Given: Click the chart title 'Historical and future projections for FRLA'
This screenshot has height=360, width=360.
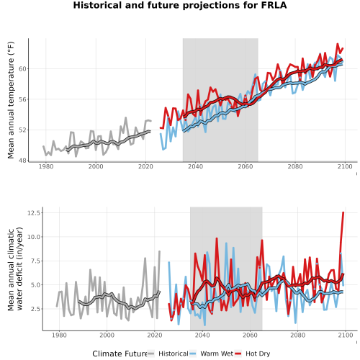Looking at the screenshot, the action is (x=180, y=5).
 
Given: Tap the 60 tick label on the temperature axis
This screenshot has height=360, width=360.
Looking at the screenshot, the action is (x=22, y=69).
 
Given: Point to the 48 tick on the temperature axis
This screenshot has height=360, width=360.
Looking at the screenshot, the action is (x=22, y=161).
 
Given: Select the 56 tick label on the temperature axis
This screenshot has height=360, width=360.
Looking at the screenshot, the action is (x=22, y=99).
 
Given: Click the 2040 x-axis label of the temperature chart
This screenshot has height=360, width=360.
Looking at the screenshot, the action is (x=195, y=166).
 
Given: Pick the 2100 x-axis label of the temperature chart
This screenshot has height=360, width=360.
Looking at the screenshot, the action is (x=345, y=166).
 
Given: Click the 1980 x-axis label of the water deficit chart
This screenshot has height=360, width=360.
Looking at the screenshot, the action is (x=59, y=335).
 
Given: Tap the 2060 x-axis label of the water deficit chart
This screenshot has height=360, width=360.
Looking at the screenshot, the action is (x=250, y=335).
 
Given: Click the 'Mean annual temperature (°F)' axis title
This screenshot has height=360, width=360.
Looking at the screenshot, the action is (x=11, y=100).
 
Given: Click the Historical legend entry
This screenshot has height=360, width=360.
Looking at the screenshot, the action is (x=168, y=354).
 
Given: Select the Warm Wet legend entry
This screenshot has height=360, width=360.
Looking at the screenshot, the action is (x=211, y=354).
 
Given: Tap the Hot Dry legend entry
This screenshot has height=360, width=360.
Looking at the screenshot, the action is (x=252, y=354).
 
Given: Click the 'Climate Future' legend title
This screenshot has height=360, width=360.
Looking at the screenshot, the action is (x=120, y=354).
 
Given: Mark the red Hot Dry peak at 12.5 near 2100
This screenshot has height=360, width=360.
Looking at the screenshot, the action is (x=343, y=212).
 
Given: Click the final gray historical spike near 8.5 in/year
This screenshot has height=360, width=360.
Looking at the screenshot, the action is (x=159, y=251).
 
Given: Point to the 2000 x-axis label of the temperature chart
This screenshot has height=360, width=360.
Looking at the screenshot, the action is (x=96, y=166).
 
